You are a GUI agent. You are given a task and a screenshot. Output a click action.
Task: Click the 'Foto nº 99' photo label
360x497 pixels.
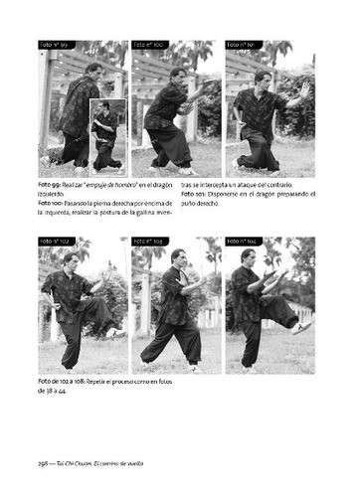(x=53, y=45)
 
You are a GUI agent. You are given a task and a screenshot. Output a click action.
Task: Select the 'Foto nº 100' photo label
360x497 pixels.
(x=146, y=45)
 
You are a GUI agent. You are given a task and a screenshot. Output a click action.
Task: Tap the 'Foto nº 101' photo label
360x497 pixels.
(x=240, y=45)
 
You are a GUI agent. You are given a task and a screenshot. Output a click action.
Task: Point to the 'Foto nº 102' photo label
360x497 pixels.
(x=53, y=242)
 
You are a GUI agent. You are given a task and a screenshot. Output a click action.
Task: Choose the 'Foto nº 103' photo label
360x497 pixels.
(x=146, y=242)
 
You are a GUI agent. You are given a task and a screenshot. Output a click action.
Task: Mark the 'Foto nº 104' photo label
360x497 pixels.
(x=240, y=242)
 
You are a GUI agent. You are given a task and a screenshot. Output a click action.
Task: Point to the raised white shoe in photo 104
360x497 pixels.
(x=303, y=327)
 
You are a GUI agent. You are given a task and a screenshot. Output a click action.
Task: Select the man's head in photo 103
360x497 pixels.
(x=178, y=257)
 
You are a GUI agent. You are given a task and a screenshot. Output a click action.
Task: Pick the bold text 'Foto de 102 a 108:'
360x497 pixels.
(x=68, y=382)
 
